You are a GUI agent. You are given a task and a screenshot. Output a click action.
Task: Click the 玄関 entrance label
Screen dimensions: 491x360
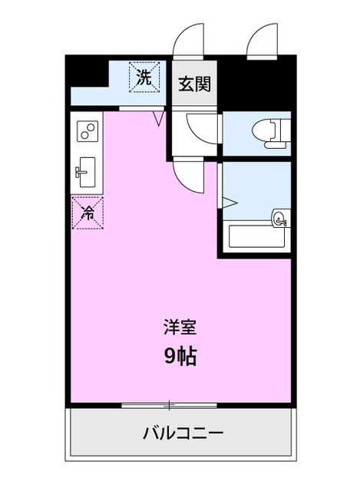(194, 84)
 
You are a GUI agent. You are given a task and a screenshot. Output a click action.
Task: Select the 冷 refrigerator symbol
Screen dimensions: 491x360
(88, 212)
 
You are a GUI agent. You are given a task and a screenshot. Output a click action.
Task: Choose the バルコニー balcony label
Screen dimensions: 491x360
(183, 433)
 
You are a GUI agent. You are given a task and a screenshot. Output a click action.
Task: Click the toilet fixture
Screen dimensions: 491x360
(269, 133)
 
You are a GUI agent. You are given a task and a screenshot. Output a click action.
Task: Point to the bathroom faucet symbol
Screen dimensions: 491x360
(280, 219)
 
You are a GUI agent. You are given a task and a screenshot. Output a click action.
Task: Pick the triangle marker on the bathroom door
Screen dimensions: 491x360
(228, 201)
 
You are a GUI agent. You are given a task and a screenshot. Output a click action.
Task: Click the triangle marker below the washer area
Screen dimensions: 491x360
(159, 118)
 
